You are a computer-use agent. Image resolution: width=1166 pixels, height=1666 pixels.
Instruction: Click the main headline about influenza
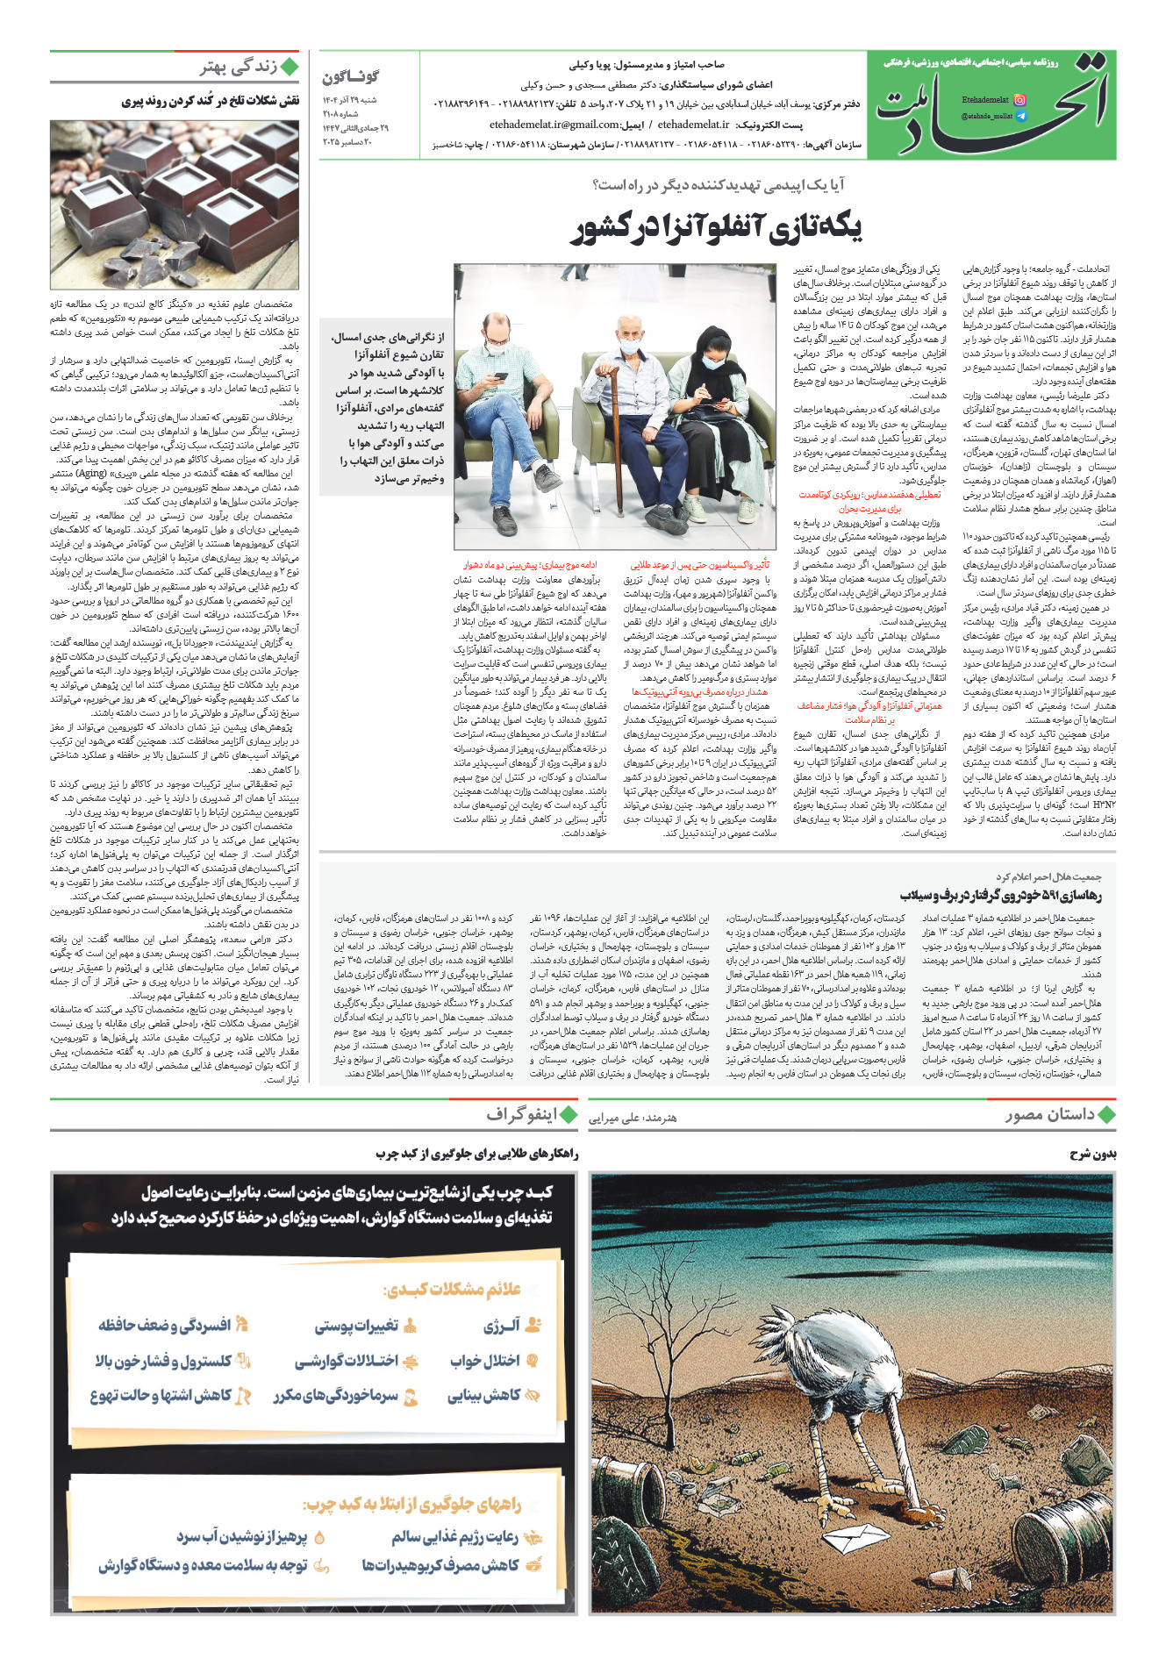(717, 227)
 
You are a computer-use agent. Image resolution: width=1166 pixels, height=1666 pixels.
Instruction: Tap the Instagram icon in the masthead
(1019, 100)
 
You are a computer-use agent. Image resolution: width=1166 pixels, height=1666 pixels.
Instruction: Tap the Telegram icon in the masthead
(1019, 116)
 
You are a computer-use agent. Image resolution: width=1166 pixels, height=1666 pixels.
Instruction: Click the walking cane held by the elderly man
(606, 439)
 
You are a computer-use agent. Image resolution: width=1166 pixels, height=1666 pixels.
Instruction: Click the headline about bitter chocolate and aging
(211, 102)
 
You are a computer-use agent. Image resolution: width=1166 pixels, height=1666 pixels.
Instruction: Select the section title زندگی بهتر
(238, 68)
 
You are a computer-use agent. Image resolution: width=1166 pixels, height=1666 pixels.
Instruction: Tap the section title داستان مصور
(1050, 1115)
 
